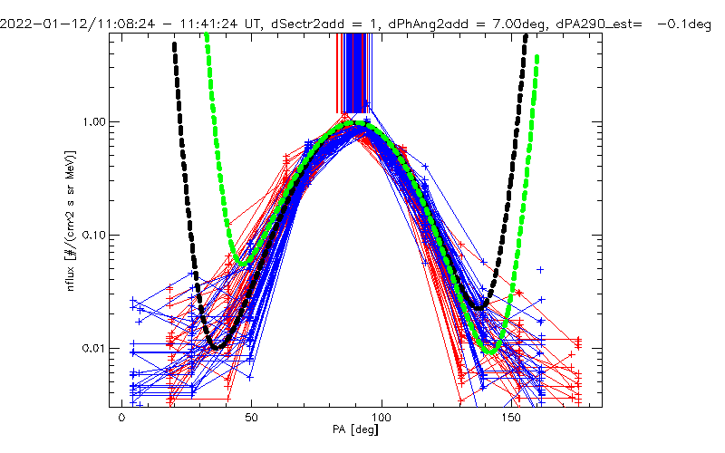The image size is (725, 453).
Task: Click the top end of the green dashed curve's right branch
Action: pyautogui.click(x=537, y=57)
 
